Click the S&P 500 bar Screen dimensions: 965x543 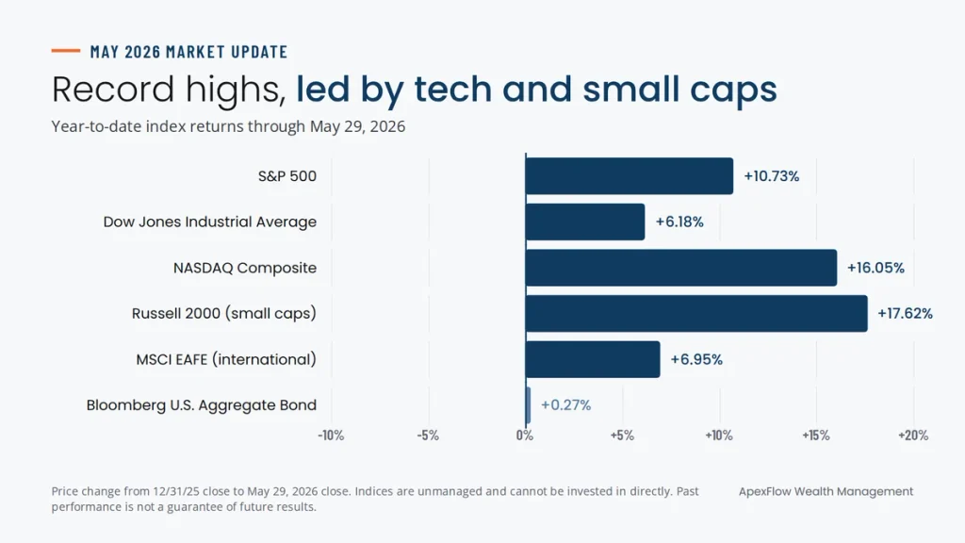coord(629,176)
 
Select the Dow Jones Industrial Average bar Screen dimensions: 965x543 coord(585,222)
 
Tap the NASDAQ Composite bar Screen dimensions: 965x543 coord(681,268)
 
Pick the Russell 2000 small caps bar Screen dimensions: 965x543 coord(696,313)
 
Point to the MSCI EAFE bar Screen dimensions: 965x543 coord(593,359)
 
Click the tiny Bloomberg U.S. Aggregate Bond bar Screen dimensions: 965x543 coord(528,405)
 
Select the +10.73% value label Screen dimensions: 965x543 coord(772,176)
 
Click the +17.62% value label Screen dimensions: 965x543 coord(906,313)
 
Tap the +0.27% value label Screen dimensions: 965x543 coord(566,405)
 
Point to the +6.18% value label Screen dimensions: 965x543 coord(679,222)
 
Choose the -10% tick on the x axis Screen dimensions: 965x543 coord(331,436)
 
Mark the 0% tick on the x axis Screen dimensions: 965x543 coord(525,436)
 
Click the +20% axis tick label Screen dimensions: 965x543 coord(913,436)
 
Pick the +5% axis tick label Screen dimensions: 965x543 coord(622,436)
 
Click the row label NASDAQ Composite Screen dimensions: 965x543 coord(245,268)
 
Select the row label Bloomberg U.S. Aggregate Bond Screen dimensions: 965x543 coord(202,405)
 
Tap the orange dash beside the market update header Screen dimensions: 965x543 coord(66,51)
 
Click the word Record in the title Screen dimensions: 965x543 coord(113,89)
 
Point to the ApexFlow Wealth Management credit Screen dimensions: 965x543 coord(826,491)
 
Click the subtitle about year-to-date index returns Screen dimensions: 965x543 coord(228,126)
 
